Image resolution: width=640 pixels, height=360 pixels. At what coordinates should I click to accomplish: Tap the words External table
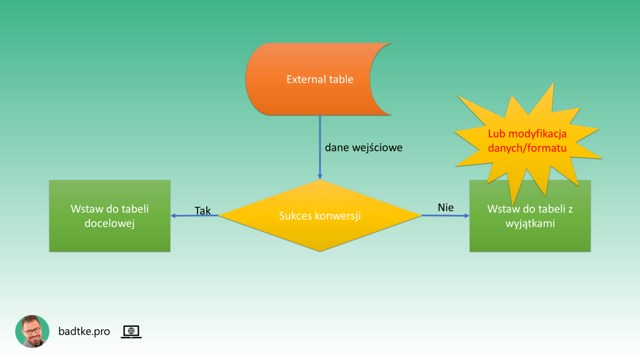[x=319, y=79]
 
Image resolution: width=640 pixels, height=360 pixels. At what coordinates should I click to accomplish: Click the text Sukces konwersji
[x=320, y=216]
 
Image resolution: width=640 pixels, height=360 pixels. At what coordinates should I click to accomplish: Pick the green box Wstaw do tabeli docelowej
[x=109, y=237]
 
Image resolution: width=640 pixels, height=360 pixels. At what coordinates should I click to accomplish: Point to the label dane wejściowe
[x=364, y=148]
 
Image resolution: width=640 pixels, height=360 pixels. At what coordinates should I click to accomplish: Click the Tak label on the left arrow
[x=202, y=211]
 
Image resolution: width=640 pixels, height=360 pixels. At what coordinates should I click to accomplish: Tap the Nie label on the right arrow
[x=446, y=207]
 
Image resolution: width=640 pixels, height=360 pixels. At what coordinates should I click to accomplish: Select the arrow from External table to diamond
[x=320, y=150]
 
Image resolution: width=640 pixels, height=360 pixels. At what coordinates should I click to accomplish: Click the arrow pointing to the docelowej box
[x=194, y=216]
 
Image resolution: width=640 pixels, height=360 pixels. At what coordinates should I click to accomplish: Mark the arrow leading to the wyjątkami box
[x=445, y=216]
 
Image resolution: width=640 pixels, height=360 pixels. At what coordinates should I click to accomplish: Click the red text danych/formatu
[x=526, y=149]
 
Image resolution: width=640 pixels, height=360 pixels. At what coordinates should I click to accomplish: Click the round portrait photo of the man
[x=32, y=331]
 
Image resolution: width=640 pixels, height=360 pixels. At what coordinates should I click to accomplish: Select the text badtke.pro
[x=84, y=331]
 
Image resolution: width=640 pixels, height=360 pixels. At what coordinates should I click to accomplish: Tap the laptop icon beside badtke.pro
[x=131, y=332]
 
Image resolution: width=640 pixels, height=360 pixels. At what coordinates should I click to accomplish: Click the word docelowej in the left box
[x=109, y=222]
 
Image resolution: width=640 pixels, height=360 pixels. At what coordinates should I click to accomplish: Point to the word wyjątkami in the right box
[x=530, y=222]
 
